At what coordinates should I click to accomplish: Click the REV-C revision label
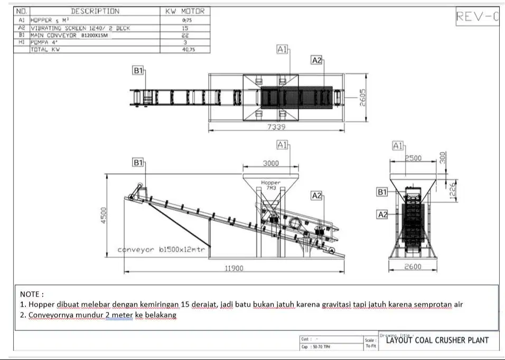pyautogui.click(x=477, y=16)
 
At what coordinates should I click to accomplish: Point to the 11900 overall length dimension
pyautogui.click(x=234, y=269)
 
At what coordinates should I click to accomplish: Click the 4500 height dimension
pyautogui.click(x=104, y=215)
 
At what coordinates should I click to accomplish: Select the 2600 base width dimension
pyautogui.click(x=413, y=267)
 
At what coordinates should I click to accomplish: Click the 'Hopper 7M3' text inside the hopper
pyautogui.click(x=271, y=185)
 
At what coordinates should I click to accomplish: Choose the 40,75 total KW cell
pyautogui.click(x=185, y=50)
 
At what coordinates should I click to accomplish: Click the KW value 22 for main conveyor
pyautogui.click(x=185, y=35)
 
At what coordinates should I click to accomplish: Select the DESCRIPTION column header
pyautogui.click(x=95, y=11)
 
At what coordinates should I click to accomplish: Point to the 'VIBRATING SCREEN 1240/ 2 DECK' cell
pyautogui.click(x=80, y=29)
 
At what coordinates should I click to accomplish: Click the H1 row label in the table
pyautogui.click(x=22, y=42)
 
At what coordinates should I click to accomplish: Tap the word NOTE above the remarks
pyautogui.click(x=32, y=294)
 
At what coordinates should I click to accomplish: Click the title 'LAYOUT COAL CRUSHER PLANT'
pyautogui.click(x=437, y=340)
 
